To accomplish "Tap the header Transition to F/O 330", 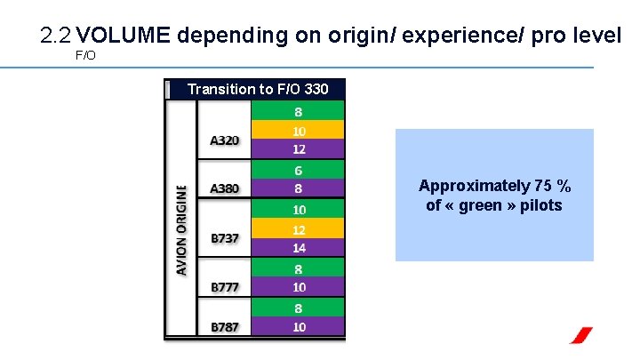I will pos(258,89).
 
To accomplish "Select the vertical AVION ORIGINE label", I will pos(181,229).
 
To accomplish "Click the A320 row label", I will pos(224,140).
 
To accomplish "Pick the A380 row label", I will pos(224,188).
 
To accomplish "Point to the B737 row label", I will pos(224,238).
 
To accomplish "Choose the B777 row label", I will pos(224,287).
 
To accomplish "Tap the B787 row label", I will pos(224,326).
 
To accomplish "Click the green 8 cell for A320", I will pos(300,111).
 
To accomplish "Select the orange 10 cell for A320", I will pos(300,130).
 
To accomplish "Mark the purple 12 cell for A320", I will pos(300,148).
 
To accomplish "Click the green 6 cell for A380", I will pos(300,169).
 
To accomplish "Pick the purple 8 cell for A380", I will pos(300,188).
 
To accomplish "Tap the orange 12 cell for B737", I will pos(300,228).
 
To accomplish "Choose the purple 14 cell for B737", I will pos(300,247).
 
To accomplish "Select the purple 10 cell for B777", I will pos(300,286).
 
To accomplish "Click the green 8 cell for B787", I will pos(300,308).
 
